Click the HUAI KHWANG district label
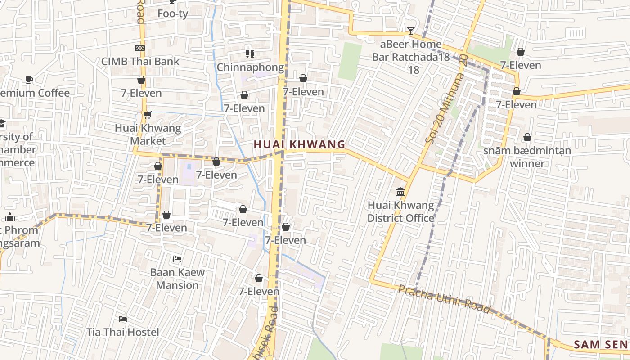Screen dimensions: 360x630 coord(299,144)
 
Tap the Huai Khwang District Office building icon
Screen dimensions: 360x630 coord(400,192)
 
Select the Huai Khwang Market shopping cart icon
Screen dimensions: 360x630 coord(147,115)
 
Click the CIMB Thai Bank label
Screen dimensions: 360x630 coord(140,62)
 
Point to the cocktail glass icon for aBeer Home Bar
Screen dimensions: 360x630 coord(410,31)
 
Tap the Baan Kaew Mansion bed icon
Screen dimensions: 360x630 coord(177,259)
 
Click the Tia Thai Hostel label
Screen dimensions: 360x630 coord(123,332)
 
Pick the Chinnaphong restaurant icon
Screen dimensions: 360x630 coord(250,54)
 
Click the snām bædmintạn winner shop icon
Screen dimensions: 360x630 coord(527,137)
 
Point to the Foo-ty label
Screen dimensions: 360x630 coord(173,13)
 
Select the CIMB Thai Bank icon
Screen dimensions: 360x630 coord(140,48)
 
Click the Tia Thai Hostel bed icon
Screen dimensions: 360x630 coord(123,319)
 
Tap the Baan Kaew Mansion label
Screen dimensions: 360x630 coord(177,279)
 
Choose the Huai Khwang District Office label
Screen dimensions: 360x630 coord(400,212)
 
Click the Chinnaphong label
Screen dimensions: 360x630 coord(250,67)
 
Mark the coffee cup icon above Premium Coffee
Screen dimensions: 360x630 coord(29,80)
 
